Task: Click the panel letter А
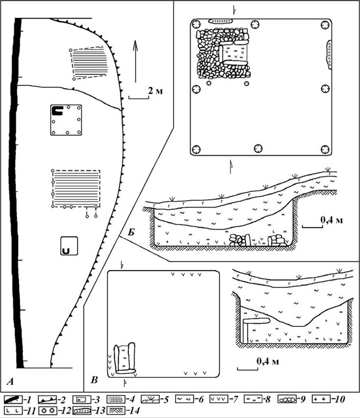click(x=10, y=382)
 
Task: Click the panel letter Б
click(x=131, y=232)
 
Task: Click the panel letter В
click(x=94, y=380)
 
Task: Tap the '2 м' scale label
click(x=155, y=91)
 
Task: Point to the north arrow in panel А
click(x=136, y=61)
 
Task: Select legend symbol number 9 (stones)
click(x=287, y=399)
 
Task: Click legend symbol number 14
click(x=116, y=410)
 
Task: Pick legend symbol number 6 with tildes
click(x=184, y=399)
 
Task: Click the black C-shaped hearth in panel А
click(x=57, y=111)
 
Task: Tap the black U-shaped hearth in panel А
click(x=66, y=251)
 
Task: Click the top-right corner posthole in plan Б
click(x=325, y=25)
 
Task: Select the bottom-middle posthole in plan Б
click(x=258, y=148)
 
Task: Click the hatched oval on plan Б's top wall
click(x=220, y=21)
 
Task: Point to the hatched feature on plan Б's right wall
click(x=329, y=54)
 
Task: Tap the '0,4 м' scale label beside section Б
click(x=332, y=220)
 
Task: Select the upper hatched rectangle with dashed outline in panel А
click(x=89, y=64)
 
